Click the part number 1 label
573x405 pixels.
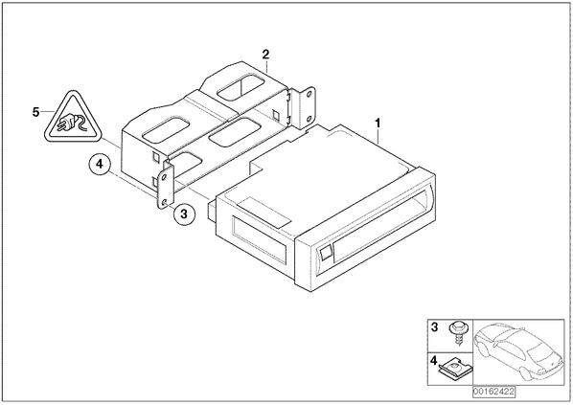click(378, 124)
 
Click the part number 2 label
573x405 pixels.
click(265, 55)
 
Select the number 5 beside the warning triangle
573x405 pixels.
click(35, 112)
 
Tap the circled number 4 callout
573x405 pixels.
click(100, 165)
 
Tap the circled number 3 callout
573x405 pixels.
click(184, 214)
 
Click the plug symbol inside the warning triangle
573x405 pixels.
click(71, 124)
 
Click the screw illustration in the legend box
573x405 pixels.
click(456, 331)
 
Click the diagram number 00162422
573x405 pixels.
click(493, 392)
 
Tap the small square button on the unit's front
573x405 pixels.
click(325, 252)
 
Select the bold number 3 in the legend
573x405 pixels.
click(434, 327)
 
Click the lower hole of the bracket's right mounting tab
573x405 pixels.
click(309, 119)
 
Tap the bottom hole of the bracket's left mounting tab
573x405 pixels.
click(164, 202)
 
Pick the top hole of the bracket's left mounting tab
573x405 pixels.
click(164, 177)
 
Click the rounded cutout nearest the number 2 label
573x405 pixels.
click(241, 86)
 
